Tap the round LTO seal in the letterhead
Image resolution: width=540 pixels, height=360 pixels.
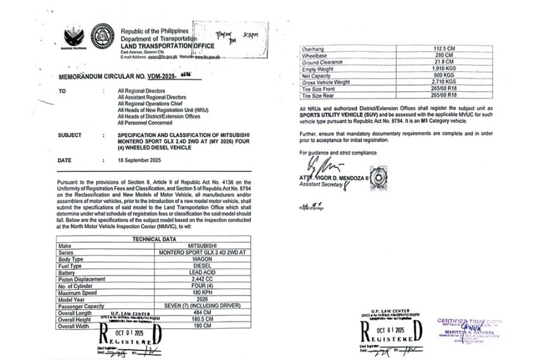103,36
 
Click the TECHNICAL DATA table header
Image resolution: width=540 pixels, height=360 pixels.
162,239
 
